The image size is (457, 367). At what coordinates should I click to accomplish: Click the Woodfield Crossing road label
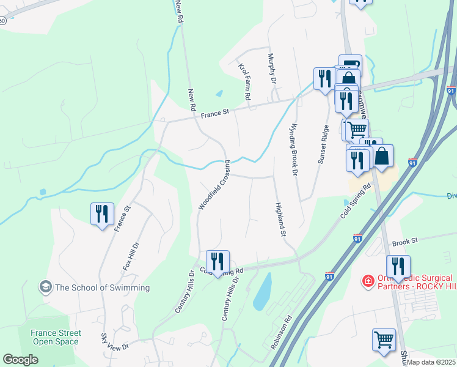214,185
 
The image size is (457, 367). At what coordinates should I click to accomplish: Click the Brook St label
404,242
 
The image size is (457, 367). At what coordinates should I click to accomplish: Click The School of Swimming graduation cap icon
45,286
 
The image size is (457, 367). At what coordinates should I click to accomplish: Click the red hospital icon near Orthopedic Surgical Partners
368,281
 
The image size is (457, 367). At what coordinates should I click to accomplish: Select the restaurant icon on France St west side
101,213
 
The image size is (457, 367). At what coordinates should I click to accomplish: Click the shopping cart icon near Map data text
384,339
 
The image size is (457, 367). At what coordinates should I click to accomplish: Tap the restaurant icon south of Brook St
398,266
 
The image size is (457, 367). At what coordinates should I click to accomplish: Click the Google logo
20,360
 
